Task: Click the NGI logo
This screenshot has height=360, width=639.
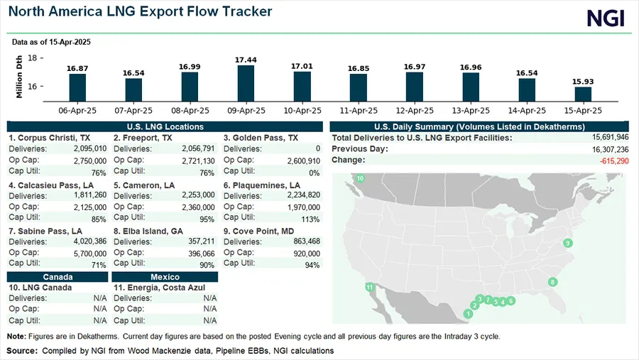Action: (x=606, y=18)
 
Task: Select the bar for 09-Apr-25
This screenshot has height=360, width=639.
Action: (x=246, y=82)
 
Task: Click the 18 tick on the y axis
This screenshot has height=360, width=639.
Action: (x=33, y=58)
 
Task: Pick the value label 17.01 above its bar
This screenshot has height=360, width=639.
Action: (x=302, y=66)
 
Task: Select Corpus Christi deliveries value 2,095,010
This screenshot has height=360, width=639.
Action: (x=89, y=148)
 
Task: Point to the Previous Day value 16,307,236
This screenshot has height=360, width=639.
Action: (x=604, y=149)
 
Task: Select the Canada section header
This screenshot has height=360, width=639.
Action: (x=58, y=277)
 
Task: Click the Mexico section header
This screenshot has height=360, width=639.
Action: (x=165, y=277)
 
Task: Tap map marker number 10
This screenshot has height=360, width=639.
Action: (x=360, y=178)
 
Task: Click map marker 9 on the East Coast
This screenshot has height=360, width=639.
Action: (x=567, y=244)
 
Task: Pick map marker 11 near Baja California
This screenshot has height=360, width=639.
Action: (x=368, y=287)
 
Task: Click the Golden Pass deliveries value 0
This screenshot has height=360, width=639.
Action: (x=317, y=148)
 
